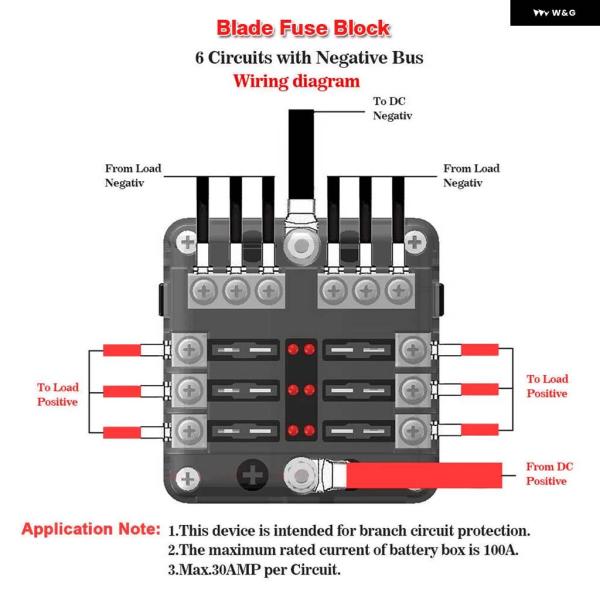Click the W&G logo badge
pyautogui.click(x=556, y=13)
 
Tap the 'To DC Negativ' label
pyautogui.click(x=392, y=109)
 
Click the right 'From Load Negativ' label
pyautogui.click(x=471, y=176)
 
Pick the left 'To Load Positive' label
pyautogui.click(x=58, y=394)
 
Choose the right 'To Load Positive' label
pyautogui.click(x=547, y=386)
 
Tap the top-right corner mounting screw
pyautogui.click(x=414, y=241)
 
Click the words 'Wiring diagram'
pyautogui.click(x=296, y=82)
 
